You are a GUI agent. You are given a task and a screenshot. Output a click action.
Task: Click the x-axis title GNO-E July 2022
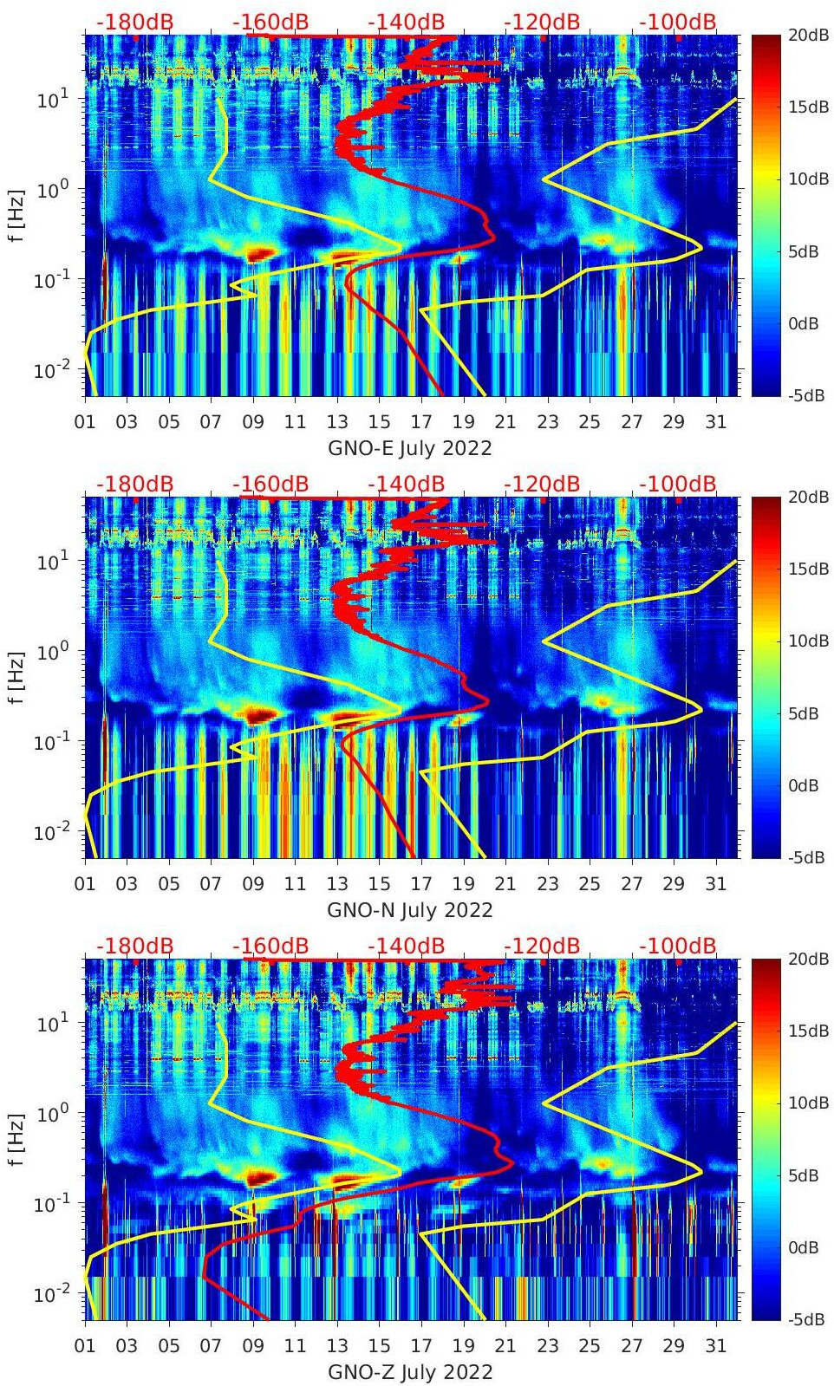pos(409,448)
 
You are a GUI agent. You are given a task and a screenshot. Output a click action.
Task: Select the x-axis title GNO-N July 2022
pos(409,910)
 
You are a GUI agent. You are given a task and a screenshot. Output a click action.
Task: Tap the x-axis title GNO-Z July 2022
pos(409,1372)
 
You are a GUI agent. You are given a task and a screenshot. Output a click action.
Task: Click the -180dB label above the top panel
pos(134,22)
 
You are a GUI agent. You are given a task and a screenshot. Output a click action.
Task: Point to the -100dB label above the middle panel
pos(678,484)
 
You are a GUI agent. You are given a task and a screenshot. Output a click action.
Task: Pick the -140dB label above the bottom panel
pos(406,946)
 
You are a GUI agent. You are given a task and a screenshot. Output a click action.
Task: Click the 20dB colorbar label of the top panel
pos(808,36)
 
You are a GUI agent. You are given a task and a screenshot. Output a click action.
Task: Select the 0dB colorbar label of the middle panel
pos(803,785)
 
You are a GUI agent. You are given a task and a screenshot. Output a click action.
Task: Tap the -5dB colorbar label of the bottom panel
pos(805,1319)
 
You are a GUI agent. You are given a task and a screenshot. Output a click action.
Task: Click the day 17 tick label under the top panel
pos(421,422)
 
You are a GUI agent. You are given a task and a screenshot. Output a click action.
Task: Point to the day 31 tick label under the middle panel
pos(715,884)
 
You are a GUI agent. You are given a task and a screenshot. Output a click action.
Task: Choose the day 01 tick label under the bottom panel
pos(85,1346)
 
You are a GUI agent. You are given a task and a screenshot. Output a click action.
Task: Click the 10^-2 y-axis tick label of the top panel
pos(50,371)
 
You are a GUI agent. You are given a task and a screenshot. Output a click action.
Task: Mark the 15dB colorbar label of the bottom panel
pos(808,1031)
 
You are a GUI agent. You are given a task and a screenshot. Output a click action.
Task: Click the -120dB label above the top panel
pos(542,22)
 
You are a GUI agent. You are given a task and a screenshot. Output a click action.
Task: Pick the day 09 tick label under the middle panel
pos(253,884)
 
